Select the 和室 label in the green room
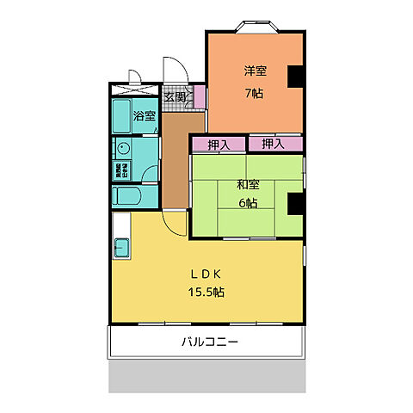coord(247,183)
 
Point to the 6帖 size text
coord(247,204)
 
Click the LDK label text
coord(206,275)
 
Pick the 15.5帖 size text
coord(206,293)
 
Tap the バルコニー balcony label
coord(209,342)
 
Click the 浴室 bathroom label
coord(143,115)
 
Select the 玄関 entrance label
coord(176,96)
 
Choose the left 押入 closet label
coord(219,145)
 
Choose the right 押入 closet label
coord(274,144)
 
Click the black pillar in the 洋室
coord(296,76)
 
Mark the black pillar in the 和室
coord(295,203)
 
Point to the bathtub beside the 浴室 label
coord(120,115)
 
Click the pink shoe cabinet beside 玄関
coord(200,96)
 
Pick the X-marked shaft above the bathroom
coord(134,89)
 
